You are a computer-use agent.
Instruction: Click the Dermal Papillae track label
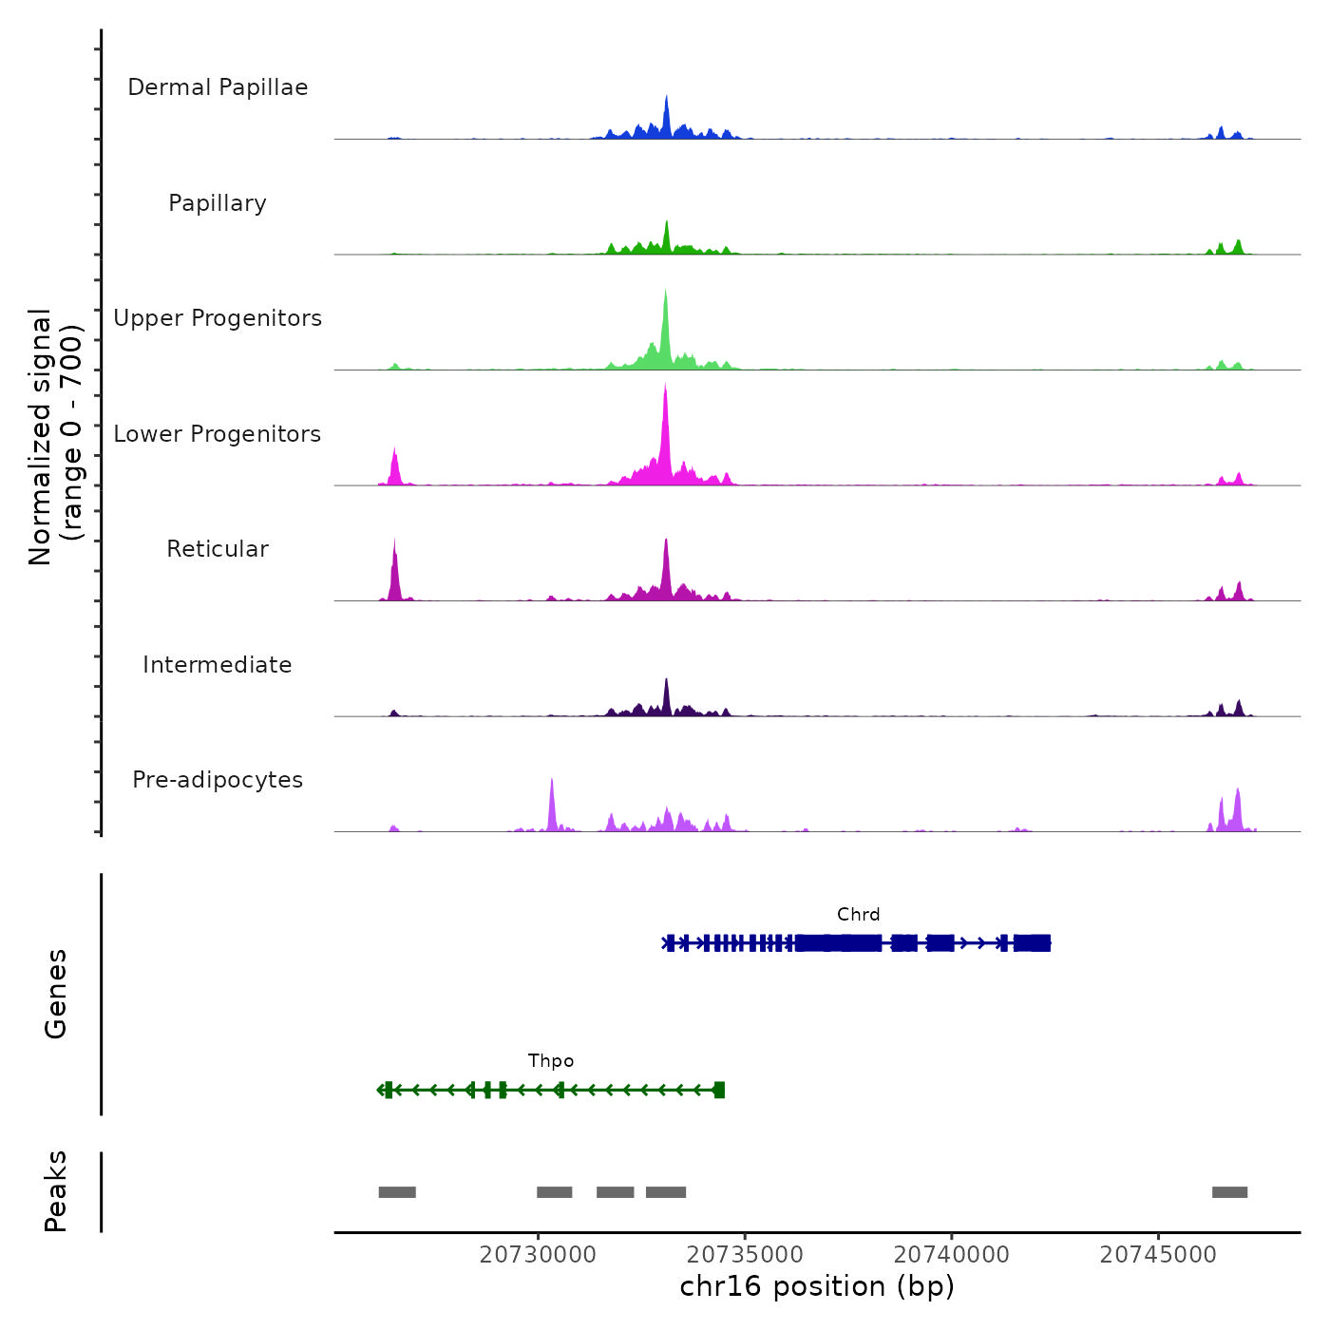point(218,87)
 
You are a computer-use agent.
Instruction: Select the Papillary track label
point(218,203)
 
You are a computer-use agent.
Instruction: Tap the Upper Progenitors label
point(218,318)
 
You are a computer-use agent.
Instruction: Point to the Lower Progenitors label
point(218,434)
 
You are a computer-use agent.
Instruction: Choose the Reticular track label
point(218,549)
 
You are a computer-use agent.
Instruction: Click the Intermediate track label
point(218,665)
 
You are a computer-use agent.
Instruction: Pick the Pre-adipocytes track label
point(218,780)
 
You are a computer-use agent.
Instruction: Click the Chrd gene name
point(858,915)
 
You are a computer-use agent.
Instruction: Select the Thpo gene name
point(551,1061)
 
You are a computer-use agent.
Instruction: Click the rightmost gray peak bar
point(1229,1192)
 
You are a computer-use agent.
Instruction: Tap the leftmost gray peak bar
point(397,1192)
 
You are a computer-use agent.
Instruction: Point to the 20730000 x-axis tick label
point(538,1255)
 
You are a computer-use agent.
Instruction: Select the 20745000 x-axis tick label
point(1158,1255)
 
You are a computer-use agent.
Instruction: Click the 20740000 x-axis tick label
point(951,1255)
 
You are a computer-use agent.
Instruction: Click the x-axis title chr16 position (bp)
point(817,1286)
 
